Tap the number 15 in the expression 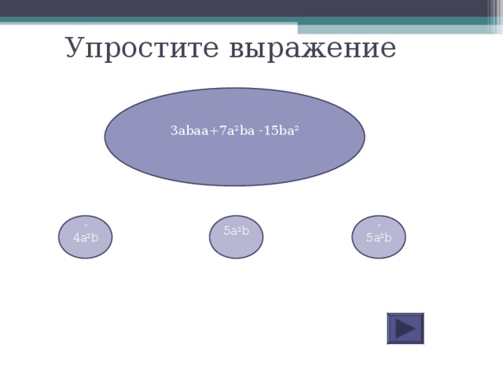[271, 131]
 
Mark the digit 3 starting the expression [173, 131]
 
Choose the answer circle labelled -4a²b [86, 236]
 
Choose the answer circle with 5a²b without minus [236, 236]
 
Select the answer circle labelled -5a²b [379, 236]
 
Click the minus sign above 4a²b [86, 226]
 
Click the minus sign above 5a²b [379, 226]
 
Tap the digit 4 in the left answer [75, 238]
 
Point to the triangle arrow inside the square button [406, 328]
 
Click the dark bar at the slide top [251, 8]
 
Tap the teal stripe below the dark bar [251, 21]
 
